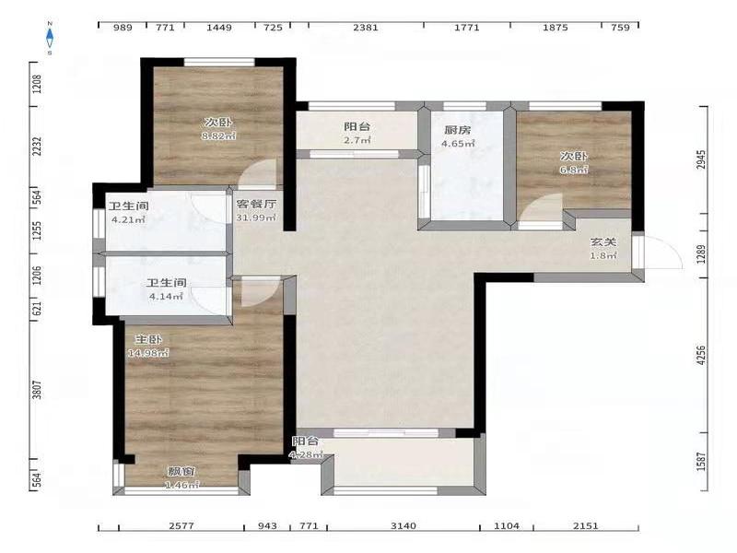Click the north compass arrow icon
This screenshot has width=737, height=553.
(x=50, y=38)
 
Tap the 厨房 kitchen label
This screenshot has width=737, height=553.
(x=457, y=130)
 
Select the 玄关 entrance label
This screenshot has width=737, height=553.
(x=603, y=242)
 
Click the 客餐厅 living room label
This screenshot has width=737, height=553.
(x=256, y=204)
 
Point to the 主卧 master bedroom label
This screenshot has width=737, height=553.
(x=148, y=339)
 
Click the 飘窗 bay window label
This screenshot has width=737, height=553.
(x=181, y=471)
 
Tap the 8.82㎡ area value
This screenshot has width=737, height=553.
(x=218, y=135)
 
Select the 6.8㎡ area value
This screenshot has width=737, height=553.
(x=573, y=170)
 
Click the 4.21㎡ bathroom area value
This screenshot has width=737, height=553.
(x=128, y=219)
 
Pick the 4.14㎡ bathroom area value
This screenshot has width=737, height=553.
(x=166, y=296)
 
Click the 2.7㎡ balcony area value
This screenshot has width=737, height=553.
(x=357, y=140)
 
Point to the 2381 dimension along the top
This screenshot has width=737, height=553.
(x=366, y=28)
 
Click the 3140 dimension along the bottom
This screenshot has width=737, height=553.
(x=404, y=525)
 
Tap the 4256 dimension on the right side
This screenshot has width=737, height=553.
(x=701, y=356)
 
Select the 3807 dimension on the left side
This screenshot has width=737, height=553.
(x=37, y=390)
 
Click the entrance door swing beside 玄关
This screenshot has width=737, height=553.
(x=663, y=252)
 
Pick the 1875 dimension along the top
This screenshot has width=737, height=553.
(x=556, y=28)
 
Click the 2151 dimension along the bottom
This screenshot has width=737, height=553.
(x=586, y=525)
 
